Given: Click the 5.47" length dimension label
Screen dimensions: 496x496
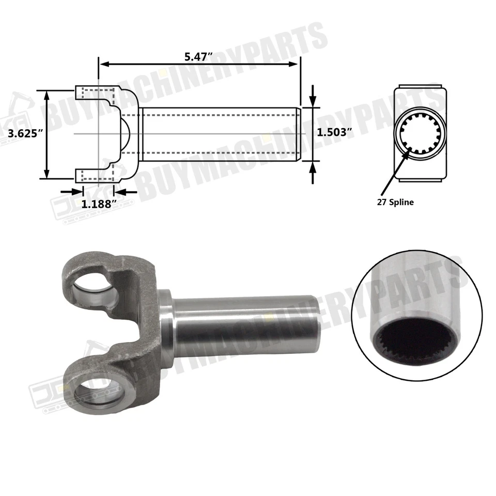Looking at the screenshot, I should point(200,56).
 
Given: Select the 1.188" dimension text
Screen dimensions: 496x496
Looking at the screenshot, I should point(98,204).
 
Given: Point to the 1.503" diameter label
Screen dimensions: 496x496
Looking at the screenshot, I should point(334,132).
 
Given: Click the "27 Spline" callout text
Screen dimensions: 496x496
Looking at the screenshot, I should point(395,203).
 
